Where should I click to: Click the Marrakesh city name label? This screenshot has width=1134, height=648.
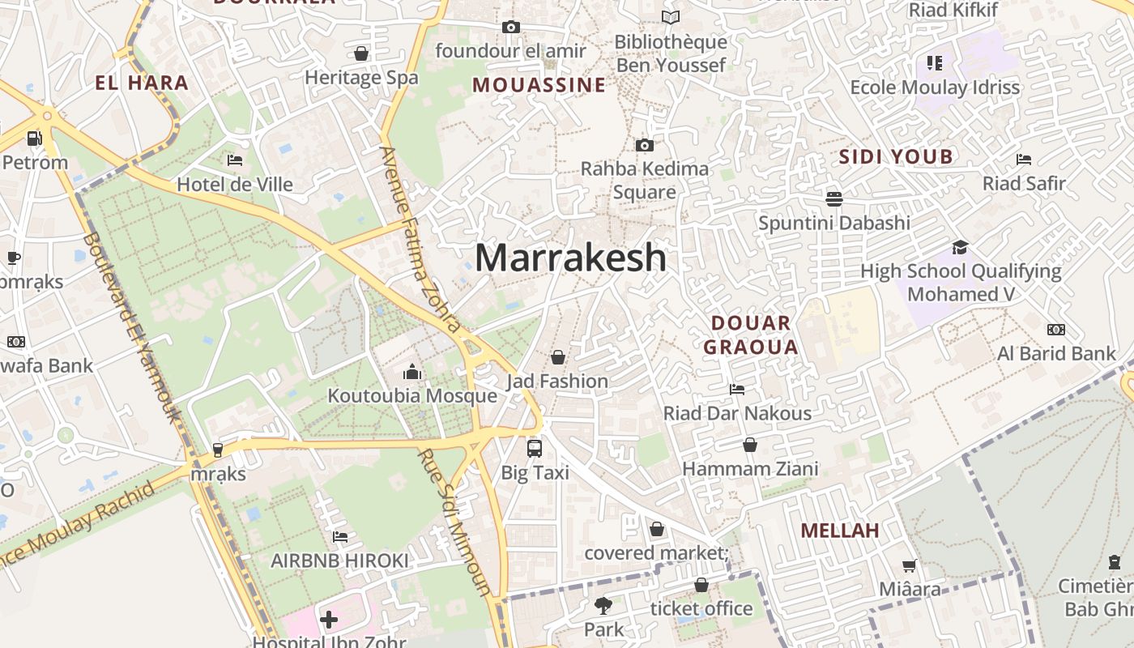pyautogui.click(x=570, y=258)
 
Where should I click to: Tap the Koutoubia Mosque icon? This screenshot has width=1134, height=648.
pyautogui.click(x=412, y=372)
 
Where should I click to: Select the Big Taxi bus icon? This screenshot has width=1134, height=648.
pyautogui.click(x=535, y=448)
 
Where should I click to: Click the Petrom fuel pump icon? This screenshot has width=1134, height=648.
pyautogui.click(x=34, y=139)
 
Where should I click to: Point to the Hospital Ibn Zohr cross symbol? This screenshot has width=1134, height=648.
pyautogui.click(x=328, y=620)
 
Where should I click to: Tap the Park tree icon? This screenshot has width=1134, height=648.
pyautogui.click(x=603, y=605)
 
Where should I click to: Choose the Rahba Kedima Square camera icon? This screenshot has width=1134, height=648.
pyautogui.click(x=645, y=145)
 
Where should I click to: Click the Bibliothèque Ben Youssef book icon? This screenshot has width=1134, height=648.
pyautogui.click(x=671, y=17)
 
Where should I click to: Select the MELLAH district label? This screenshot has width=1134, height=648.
pyautogui.click(x=840, y=531)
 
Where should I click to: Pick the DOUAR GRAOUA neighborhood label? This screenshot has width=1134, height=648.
pyautogui.click(x=750, y=335)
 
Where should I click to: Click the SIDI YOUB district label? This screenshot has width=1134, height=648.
pyautogui.click(x=896, y=157)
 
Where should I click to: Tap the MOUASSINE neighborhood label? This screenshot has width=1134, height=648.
pyautogui.click(x=539, y=85)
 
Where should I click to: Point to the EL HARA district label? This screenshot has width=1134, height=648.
pyautogui.click(x=142, y=83)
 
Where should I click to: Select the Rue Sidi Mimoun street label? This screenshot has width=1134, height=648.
pyautogui.click(x=454, y=522)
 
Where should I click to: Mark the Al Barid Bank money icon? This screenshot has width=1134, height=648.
pyautogui.click(x=1056, y=330)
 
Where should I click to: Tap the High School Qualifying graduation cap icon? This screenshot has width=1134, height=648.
pyautogui.click(x=960, y=247)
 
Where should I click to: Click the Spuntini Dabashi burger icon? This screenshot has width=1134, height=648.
pyautogui.click(x=834, y=198)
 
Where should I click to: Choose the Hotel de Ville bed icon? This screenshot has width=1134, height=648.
pyautogui.click(x=235, y=160)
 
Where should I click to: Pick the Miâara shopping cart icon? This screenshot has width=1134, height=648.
pyautogui.click(x=910, y=565)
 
